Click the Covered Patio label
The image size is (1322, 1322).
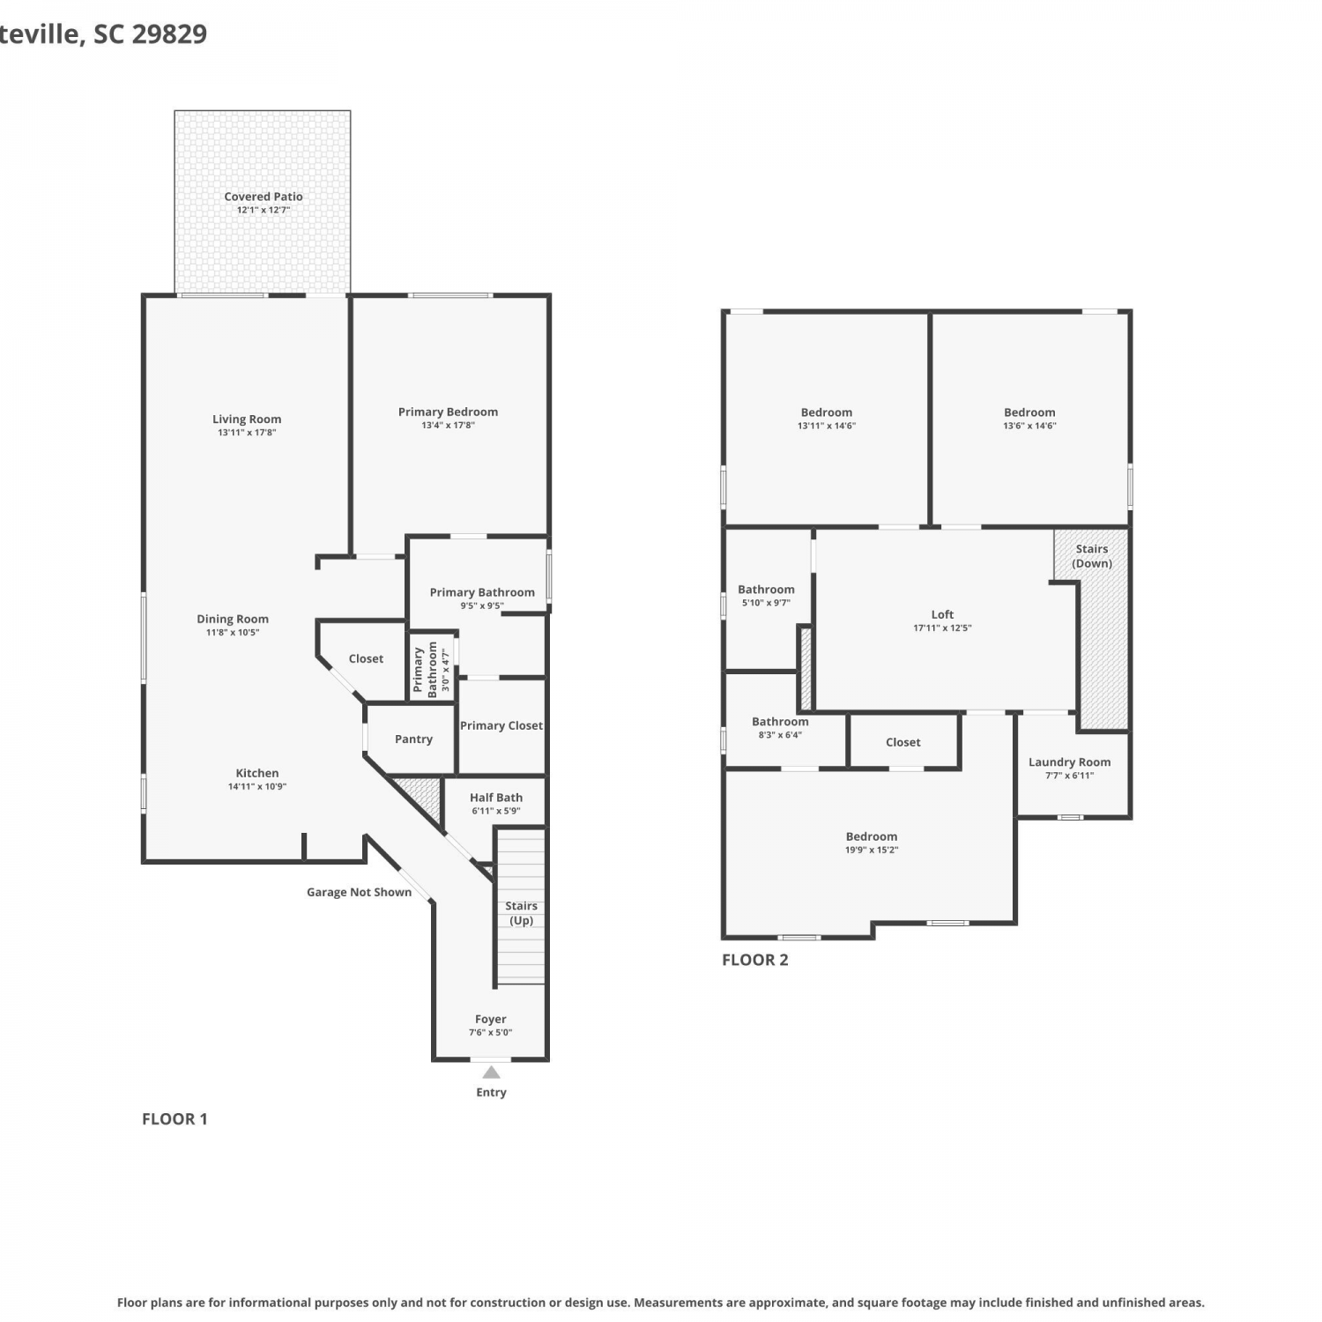[263, 197]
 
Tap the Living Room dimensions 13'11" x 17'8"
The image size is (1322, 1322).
[247, 433]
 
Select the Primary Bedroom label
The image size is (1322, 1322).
[448, 412]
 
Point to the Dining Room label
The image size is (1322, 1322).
[233, 619]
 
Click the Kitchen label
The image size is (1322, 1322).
[257, 773]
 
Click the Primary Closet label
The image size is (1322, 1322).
[501, 725]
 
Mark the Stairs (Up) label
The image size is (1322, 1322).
[521, 913]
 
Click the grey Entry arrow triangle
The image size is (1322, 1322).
[491, 1073]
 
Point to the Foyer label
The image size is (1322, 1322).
[491, 1019]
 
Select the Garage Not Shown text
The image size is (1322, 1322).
[359, 892]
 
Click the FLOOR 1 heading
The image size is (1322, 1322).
[175, 1119]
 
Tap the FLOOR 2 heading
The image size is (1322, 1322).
[755, 960]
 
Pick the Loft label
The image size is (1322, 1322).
[942, 614]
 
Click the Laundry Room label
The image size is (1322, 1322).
[1069, 762]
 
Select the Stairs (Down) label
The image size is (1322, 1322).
[1092, 556]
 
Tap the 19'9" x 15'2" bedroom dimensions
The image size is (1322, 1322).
[872, 850]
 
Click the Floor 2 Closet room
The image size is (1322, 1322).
[903, 741]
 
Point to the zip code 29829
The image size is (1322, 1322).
[169, 33]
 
